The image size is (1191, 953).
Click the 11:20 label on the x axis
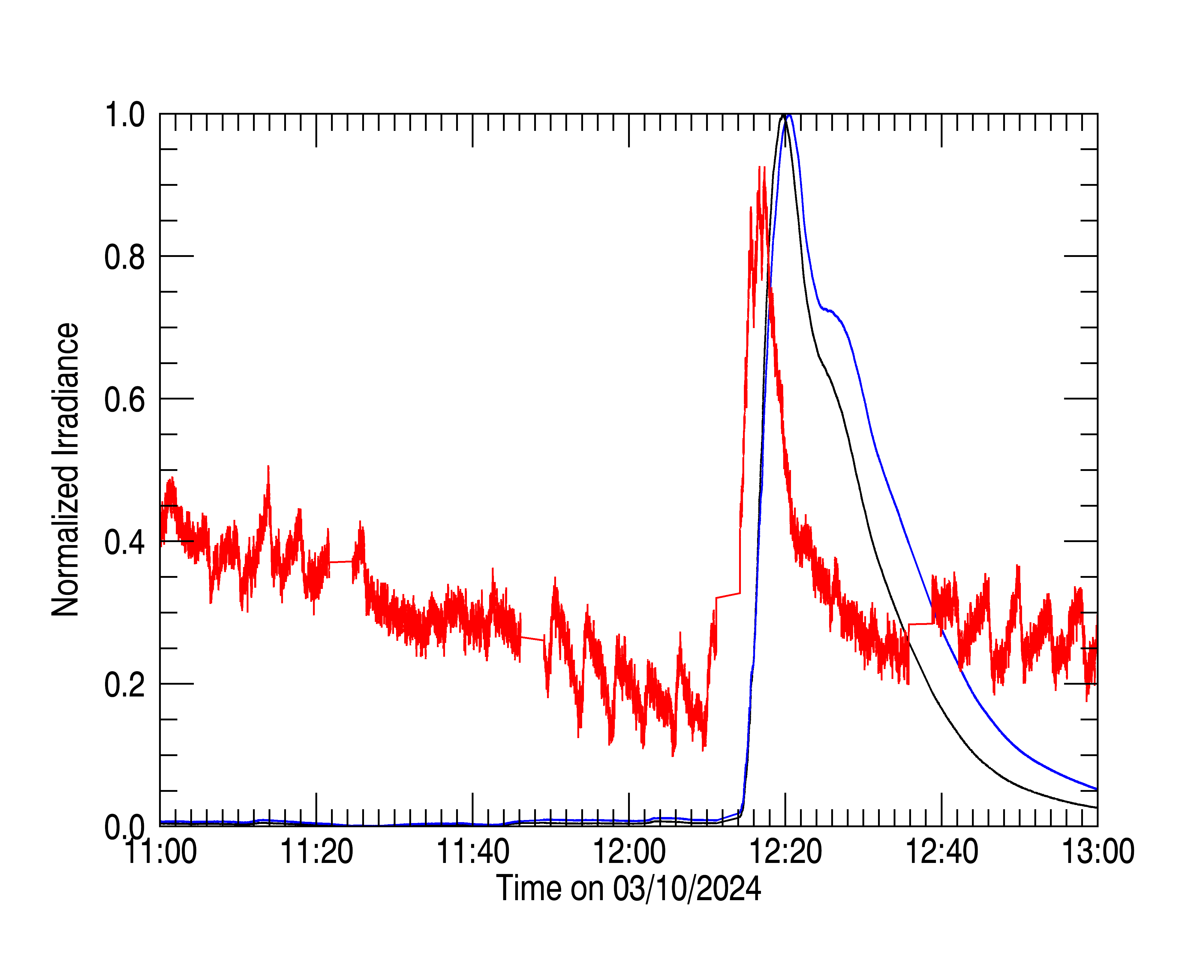(317, 851)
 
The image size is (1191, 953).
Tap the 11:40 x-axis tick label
(473, 851)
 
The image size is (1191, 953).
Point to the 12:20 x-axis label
(786, 851)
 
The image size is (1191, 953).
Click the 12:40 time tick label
(942, 851)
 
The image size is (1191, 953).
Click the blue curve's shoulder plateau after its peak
(829, 310)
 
